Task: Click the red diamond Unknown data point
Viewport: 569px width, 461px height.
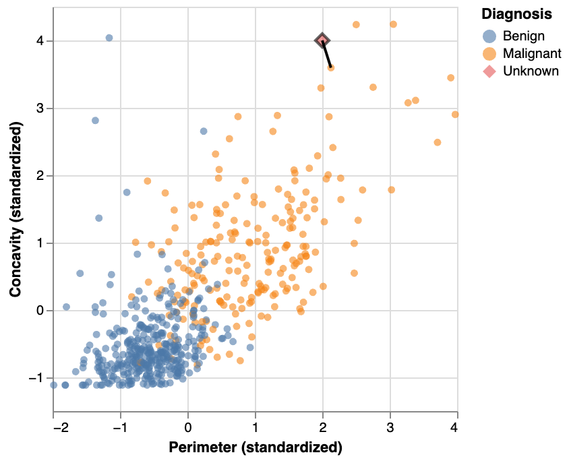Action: [322, 41]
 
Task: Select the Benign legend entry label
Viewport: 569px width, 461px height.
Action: [524, 36]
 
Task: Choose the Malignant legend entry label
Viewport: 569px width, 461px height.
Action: [531, 53]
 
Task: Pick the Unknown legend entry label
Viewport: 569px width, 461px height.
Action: [531, 71]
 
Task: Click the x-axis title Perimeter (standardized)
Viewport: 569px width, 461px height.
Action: [256, 448]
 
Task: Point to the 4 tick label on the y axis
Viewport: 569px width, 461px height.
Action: [40, 41]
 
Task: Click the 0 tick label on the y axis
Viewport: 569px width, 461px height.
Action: [40, 311]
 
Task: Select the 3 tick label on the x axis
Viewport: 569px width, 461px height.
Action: [390, 427]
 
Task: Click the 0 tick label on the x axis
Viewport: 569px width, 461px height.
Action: [188, 427]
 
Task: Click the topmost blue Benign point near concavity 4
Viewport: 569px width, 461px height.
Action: [109, 38]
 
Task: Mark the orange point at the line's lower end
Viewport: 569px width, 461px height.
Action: [330, 67]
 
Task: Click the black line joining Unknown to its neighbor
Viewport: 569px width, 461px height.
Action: [326, 55]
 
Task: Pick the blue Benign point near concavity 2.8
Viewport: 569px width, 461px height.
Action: [95, 121]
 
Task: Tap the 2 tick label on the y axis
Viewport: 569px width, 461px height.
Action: [40, 176]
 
